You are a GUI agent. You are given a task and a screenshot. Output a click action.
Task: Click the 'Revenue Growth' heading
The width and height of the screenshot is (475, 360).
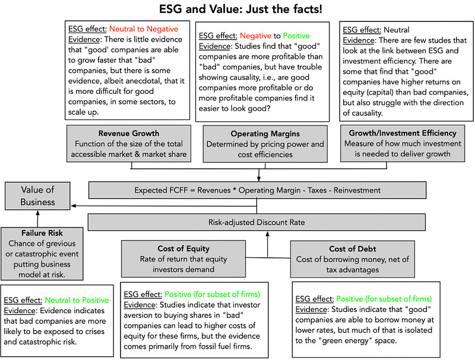point(129,133)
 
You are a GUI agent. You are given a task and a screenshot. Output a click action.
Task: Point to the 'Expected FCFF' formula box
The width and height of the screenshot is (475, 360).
point(257,190)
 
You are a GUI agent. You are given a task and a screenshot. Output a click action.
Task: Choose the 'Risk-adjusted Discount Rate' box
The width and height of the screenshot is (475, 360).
point(257,223)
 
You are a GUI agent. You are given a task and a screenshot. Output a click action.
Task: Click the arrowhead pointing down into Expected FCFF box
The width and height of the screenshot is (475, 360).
point(259,179)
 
